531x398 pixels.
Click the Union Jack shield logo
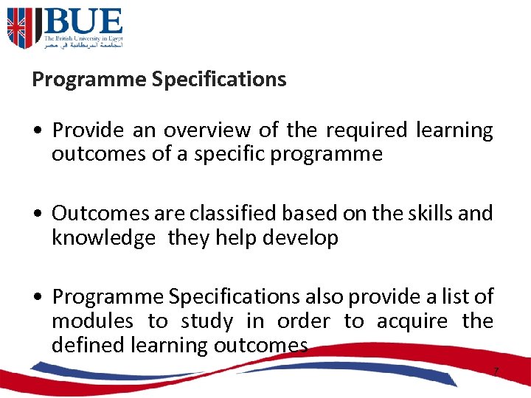tap(20, 28)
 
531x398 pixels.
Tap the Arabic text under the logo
tap(83, 45)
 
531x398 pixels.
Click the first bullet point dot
tap(36, 130)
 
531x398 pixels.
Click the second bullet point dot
tap(36, 214)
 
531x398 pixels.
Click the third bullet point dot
tap(36, 297)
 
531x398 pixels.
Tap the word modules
tap(92, 321)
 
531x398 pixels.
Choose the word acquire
tap(412, 321)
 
